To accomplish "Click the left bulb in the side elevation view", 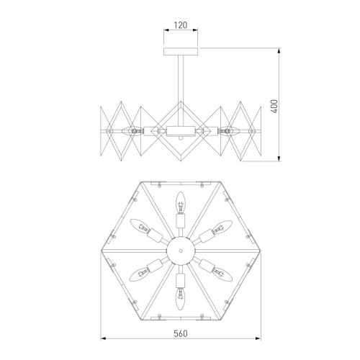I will [x=130, y=131].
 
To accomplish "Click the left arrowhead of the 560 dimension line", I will [x=102, y=338].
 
